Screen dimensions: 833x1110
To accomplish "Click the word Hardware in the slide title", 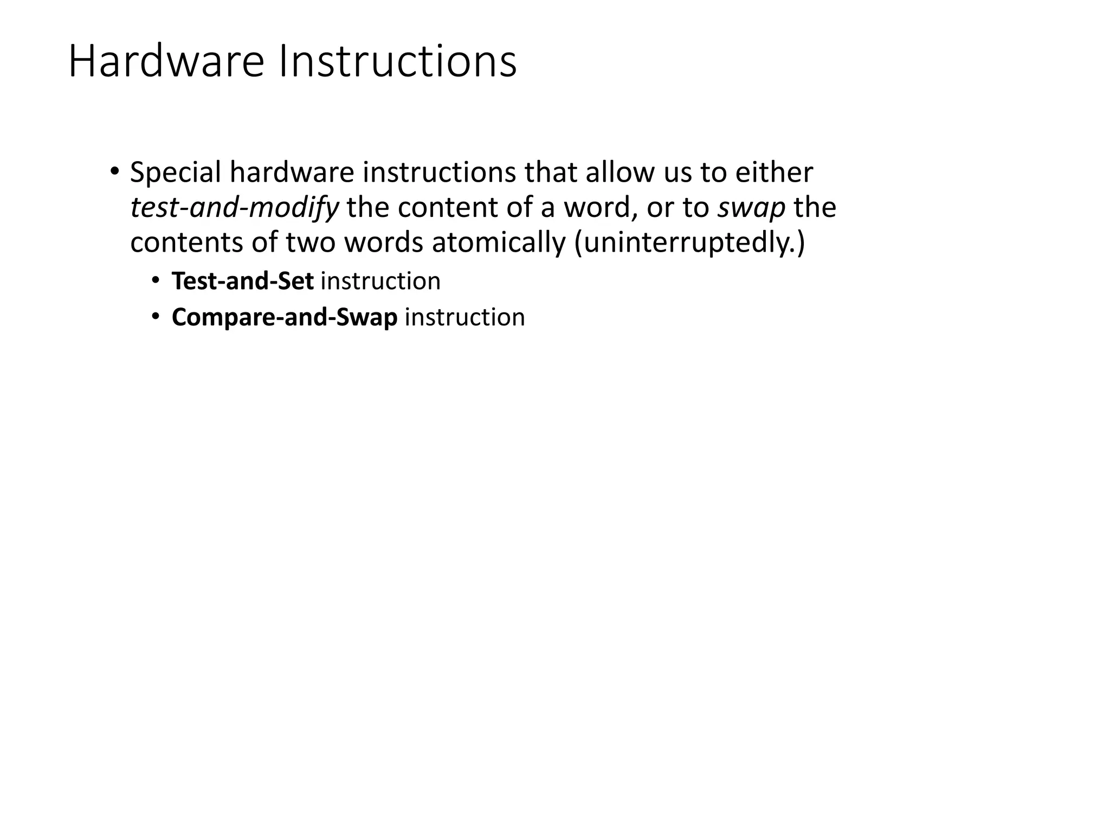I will coord(166,61).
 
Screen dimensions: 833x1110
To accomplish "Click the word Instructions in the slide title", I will coord(398,61).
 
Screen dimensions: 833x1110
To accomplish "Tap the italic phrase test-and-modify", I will coord(234,208).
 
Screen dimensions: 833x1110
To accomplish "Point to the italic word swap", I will coord(751,208).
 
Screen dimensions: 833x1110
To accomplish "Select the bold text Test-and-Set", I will coord(242,281).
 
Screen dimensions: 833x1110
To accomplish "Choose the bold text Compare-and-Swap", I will coord(285,317).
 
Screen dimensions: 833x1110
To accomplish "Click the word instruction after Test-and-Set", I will coord(380,281).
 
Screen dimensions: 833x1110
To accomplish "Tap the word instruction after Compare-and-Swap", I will coord(464,317).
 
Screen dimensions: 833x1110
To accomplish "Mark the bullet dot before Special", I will coord(114,172).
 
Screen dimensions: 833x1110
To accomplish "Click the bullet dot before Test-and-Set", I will coord(156,280).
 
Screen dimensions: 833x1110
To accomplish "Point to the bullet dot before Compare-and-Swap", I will coord(156,316).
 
